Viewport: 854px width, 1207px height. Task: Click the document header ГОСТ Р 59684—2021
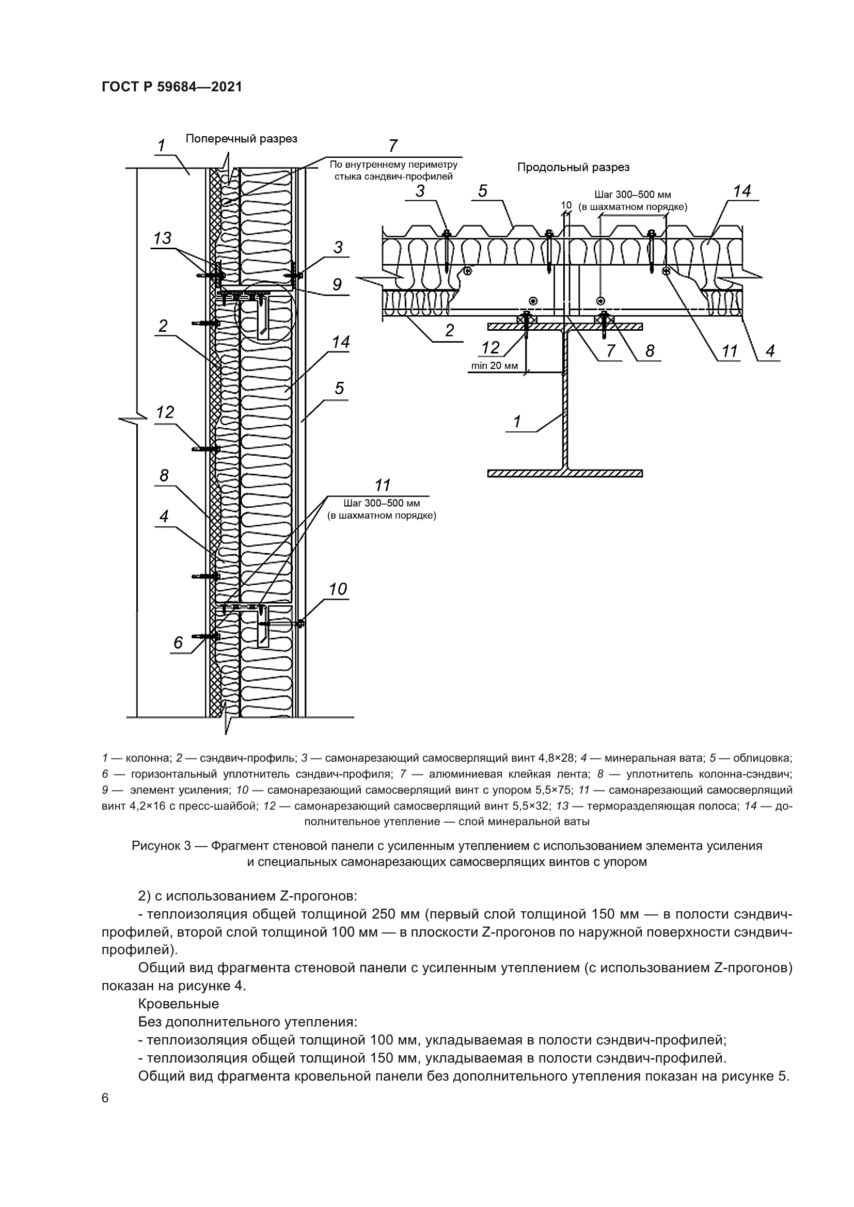tap(171, 87)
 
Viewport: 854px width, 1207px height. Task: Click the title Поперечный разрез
tap(241, 139)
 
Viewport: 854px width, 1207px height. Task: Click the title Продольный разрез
tap(573, 167)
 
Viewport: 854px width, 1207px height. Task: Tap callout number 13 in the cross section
tap(162, 238)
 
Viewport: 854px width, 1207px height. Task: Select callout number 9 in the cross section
tap(337, 284)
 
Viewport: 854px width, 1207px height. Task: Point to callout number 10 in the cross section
tap(338, 589)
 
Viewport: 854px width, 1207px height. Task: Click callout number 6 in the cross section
tap(178, 642)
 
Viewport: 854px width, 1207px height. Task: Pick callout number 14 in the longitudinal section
tap(741, 191)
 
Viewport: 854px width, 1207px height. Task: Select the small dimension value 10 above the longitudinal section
tap(566, 205)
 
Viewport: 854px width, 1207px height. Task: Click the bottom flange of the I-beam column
tap(565, 474)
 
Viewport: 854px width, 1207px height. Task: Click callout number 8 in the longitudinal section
tap(650, 350)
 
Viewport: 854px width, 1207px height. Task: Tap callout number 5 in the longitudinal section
tap(482, 191)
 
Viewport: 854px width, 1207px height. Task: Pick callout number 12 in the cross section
tap(165, 412)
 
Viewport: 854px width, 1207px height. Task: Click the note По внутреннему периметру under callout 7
tap(393, 165)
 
